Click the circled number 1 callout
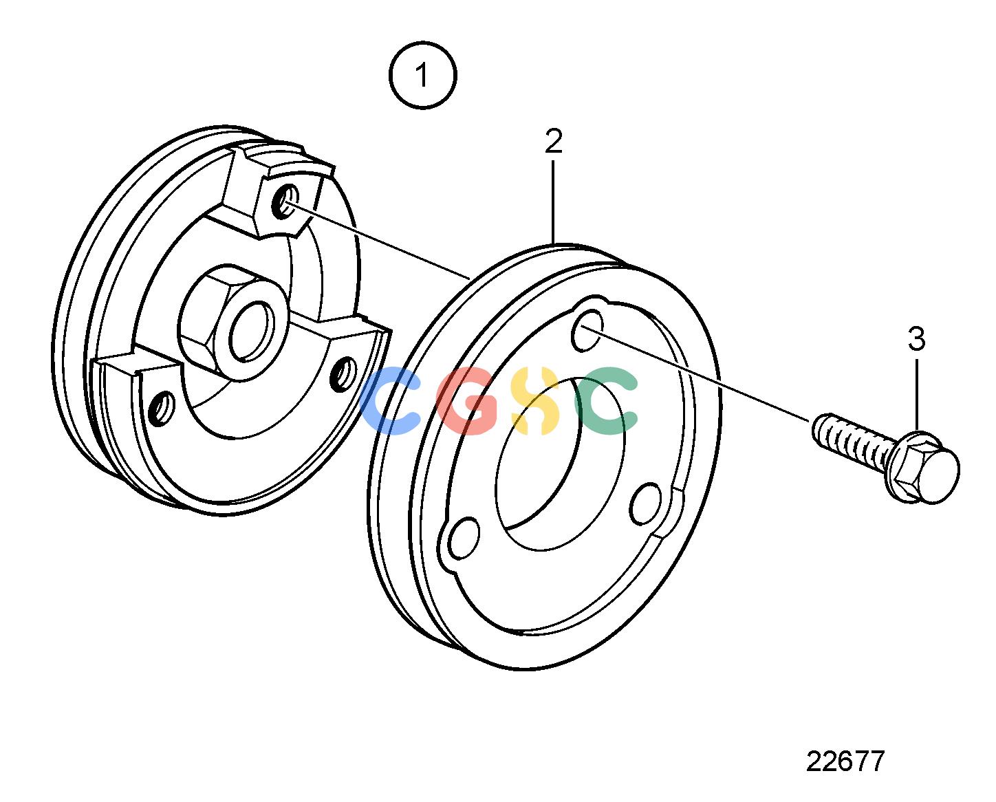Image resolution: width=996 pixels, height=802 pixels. coord(422,76)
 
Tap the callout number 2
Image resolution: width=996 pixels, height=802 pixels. coord(554,141)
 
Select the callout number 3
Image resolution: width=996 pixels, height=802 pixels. coord(916,339)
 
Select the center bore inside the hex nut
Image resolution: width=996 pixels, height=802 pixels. coord(252,332)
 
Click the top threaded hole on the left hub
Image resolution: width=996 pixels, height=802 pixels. coord(286,202)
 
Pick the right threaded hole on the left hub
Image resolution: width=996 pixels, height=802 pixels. coord(343,374)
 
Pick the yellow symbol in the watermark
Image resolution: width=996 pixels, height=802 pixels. coord(534,401)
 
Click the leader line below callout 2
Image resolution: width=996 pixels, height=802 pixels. coord(553,202)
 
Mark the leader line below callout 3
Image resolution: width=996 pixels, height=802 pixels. coord(917,394)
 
